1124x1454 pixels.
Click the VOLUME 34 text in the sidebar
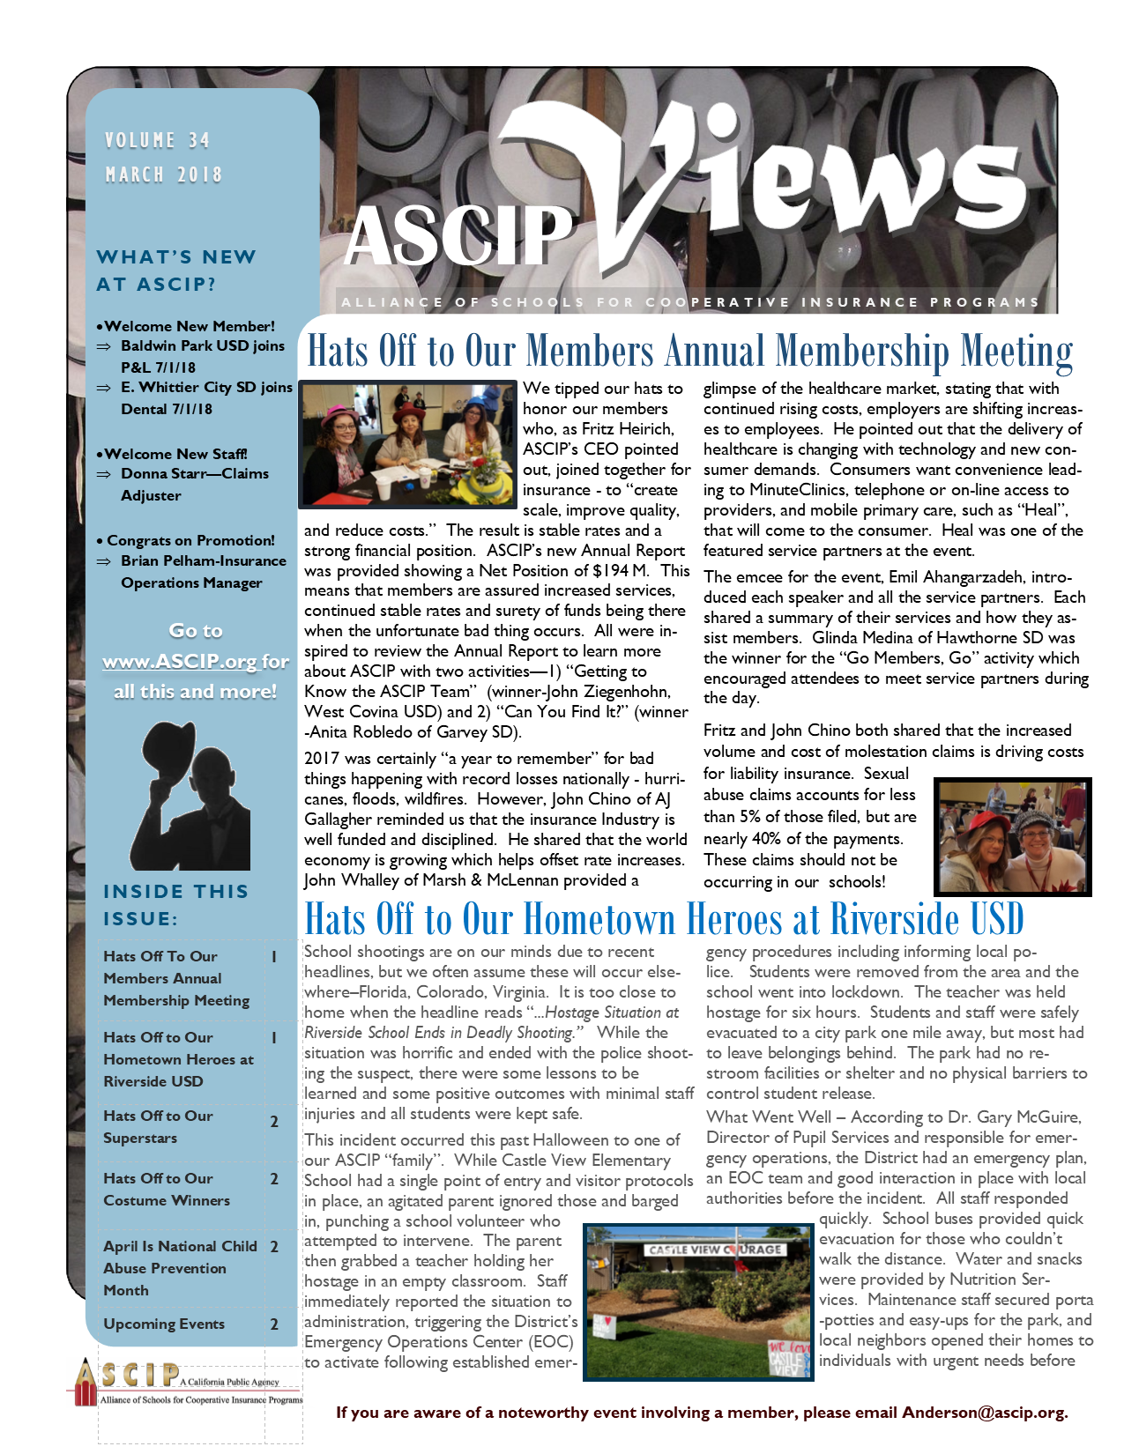pos(157,140)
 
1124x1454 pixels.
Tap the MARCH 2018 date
pos(163,174)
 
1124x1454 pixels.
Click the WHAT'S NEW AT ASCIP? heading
pos(176,271)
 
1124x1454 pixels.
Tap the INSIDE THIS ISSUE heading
pos(175,905)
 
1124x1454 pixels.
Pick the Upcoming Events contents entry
pos(164,1324)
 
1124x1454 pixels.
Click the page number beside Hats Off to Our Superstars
pos(274,1122)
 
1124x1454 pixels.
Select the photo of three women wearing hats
pos(407,444)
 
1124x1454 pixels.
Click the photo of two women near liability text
pos(1012,836)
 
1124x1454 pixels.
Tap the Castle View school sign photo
pos(698,1301)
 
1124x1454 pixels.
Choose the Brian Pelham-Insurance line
pos(204,560)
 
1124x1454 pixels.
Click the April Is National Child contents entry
pos(180,1246)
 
